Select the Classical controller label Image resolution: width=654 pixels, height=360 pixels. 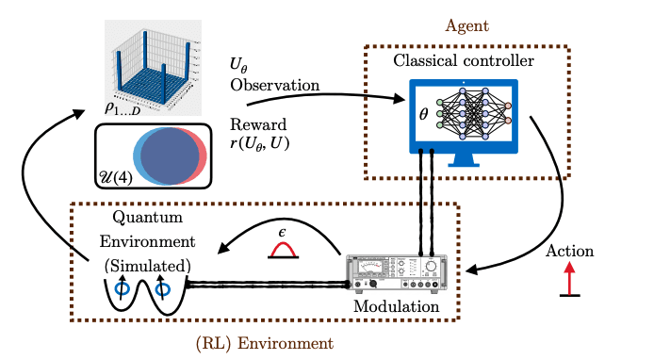[466, 62]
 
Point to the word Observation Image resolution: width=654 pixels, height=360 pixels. [273, 85]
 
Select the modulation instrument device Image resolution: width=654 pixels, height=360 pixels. [396, 274]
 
